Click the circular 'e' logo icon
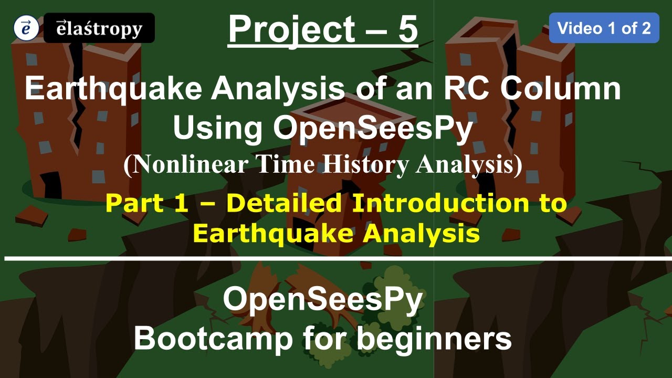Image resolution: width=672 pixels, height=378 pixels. click(25, 28)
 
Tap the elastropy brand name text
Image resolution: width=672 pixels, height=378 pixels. click(99, 28)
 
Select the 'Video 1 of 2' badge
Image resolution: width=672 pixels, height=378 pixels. click(604, 28)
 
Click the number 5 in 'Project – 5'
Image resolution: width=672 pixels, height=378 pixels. click(407, 29)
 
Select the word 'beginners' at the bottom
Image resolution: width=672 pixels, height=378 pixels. click(434, 340)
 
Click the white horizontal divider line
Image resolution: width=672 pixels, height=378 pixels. click(336, 259)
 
